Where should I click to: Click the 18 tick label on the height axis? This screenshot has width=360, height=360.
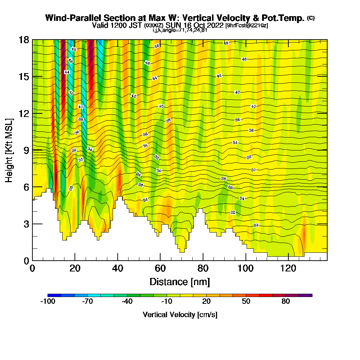pyautogui.click(x=24, y=40)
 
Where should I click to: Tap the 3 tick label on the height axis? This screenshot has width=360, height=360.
pyautogui.click(x=27, y=224)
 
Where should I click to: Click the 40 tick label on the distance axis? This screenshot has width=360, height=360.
pyautogui.click(x=117, y=269)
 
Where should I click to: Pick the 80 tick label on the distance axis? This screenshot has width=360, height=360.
pyautogui.click(x=203, y=269)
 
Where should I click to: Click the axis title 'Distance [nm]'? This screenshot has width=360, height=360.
pyautogui.click(x=180, y=282)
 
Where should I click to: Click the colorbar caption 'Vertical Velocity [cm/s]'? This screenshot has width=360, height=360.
pyautogui.click(x=180, y=315)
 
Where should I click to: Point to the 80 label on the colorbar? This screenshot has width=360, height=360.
pyautogui.click(x=285, y=302)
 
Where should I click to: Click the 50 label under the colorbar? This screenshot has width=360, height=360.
pyautogui.click(x=246, y=302)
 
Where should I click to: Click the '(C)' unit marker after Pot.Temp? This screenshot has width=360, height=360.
pyautogui.click(x=311, y=18)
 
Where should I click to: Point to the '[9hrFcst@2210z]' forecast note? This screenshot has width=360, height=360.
pyautogui.click(x=247, y=26)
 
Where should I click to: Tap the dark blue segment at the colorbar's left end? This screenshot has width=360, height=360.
pyautogui.click(x=54, y=295)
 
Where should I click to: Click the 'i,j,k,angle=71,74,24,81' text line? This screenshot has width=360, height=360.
pyautogui.click(x=180, y=30)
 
